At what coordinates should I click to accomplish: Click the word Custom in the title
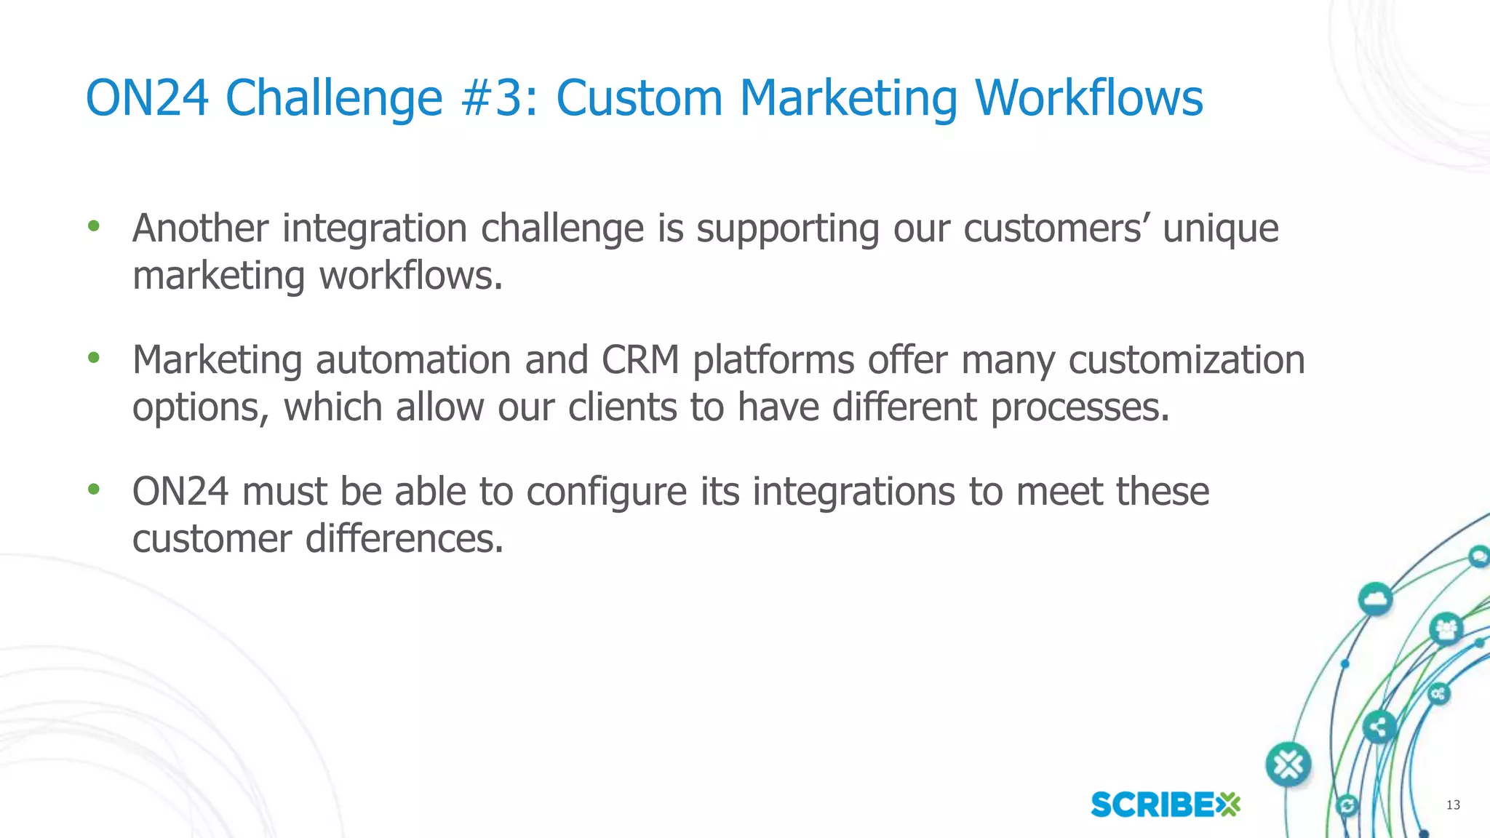point(638,97)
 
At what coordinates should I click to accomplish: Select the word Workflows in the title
point(1088,97)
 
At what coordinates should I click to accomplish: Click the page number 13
point(1453,805)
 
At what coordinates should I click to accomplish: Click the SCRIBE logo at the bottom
point(1165,805)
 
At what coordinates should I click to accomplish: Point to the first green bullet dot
point(93,226)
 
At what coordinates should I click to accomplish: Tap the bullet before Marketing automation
point(93,357)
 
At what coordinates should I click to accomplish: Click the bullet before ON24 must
point(93,490)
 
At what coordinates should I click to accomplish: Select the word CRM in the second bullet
point(640,360)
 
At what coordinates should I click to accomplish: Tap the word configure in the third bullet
point(606,492)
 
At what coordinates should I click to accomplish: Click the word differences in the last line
point(404,539)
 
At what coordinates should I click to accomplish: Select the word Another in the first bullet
point(200,228)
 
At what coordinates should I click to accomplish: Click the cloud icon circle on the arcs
point(1374,600)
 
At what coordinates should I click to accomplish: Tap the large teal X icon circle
point(1288,765)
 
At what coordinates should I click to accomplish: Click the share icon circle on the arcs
point(1379,727)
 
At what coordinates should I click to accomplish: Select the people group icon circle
point(1446,629)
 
